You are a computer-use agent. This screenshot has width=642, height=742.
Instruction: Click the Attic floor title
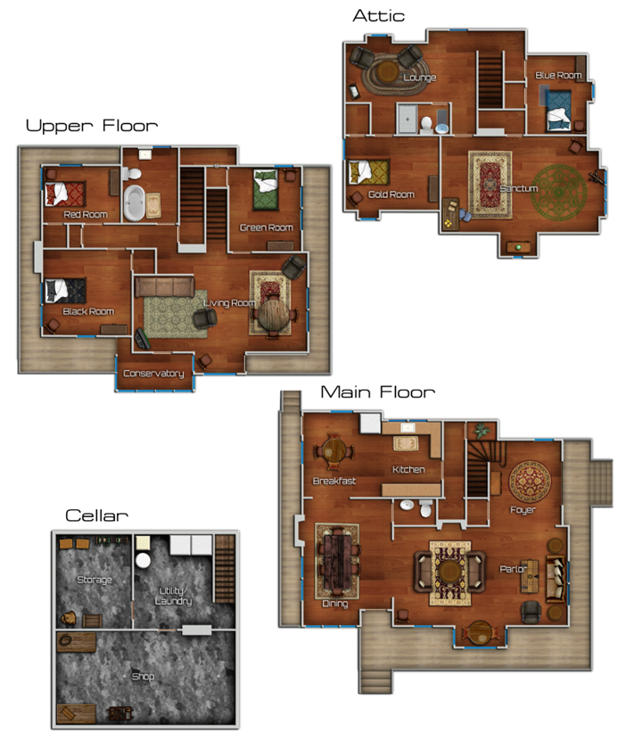[378, 16]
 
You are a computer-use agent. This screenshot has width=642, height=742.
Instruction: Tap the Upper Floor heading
[92, 126]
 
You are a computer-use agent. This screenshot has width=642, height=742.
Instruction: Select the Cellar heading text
[96, 515]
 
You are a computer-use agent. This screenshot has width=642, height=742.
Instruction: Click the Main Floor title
[377, 392]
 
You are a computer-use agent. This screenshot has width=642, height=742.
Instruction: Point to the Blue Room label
[558, 75]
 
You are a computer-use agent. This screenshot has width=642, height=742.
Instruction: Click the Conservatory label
[153, 374]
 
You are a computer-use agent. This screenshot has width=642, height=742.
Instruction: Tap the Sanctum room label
[519, 188]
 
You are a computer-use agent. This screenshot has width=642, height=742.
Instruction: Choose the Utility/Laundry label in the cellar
[173, 596]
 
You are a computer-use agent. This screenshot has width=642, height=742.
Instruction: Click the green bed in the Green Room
[266, 189]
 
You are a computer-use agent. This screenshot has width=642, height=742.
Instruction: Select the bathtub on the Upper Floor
[134, 203]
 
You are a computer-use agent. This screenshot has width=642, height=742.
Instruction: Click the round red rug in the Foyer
[530, 482]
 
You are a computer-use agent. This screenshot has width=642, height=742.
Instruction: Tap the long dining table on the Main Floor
[338, 561]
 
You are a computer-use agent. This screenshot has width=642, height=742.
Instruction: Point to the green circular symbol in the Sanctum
[559, 193]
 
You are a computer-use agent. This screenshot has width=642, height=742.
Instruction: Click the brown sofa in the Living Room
[165, 287]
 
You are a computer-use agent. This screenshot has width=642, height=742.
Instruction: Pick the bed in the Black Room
[65, 291]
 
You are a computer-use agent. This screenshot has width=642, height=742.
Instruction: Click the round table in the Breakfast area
[334, 451]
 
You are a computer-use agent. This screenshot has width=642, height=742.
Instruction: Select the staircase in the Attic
[490, 81]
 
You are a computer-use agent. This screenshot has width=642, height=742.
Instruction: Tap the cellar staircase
[225, 569]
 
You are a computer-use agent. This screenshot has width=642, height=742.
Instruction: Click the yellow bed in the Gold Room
[368, 172]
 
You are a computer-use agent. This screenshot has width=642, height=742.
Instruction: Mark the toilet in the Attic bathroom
[426, 123]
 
